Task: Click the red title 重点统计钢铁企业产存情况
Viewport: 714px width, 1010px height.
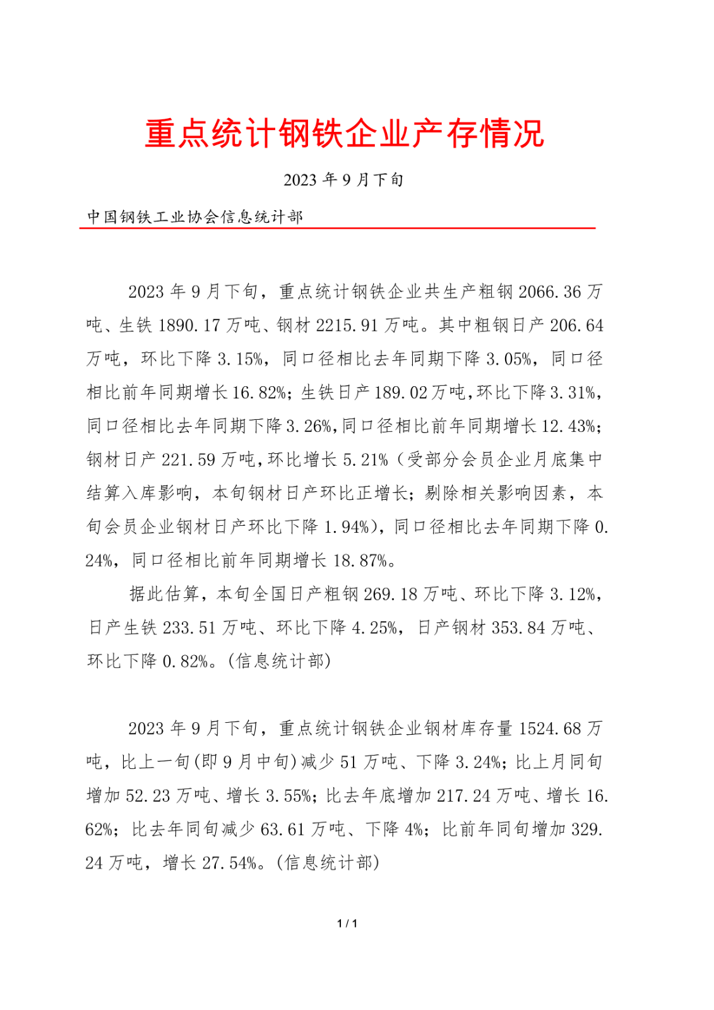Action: point(344,134)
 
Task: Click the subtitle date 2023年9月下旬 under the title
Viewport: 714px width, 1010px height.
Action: point(343,180)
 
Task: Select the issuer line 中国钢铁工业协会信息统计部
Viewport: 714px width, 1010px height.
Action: point(195,217)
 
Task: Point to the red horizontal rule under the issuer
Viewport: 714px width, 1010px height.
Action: point(337,228)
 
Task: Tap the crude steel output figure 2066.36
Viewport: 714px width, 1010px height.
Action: point(549,292)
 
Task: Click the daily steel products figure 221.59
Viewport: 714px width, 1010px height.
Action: point(189,460)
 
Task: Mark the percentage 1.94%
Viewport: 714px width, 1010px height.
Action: point(347,526)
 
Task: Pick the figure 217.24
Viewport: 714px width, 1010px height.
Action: point(463,795)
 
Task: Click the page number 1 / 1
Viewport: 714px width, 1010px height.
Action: point(347,924)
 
